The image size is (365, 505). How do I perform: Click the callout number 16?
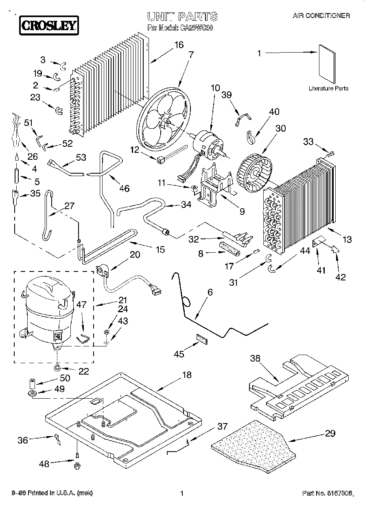point(179,46)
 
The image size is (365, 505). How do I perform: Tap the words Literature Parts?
point(328,88)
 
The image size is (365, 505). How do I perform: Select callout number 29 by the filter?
point(330,433)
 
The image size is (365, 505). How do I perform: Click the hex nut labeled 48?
point(76,465)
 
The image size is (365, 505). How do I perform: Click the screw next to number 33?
point(330,154)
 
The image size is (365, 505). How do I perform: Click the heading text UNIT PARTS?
point(182,17)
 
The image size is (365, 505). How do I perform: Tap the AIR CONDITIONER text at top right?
point(321,16)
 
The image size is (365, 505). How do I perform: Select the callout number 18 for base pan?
point(186,375)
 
